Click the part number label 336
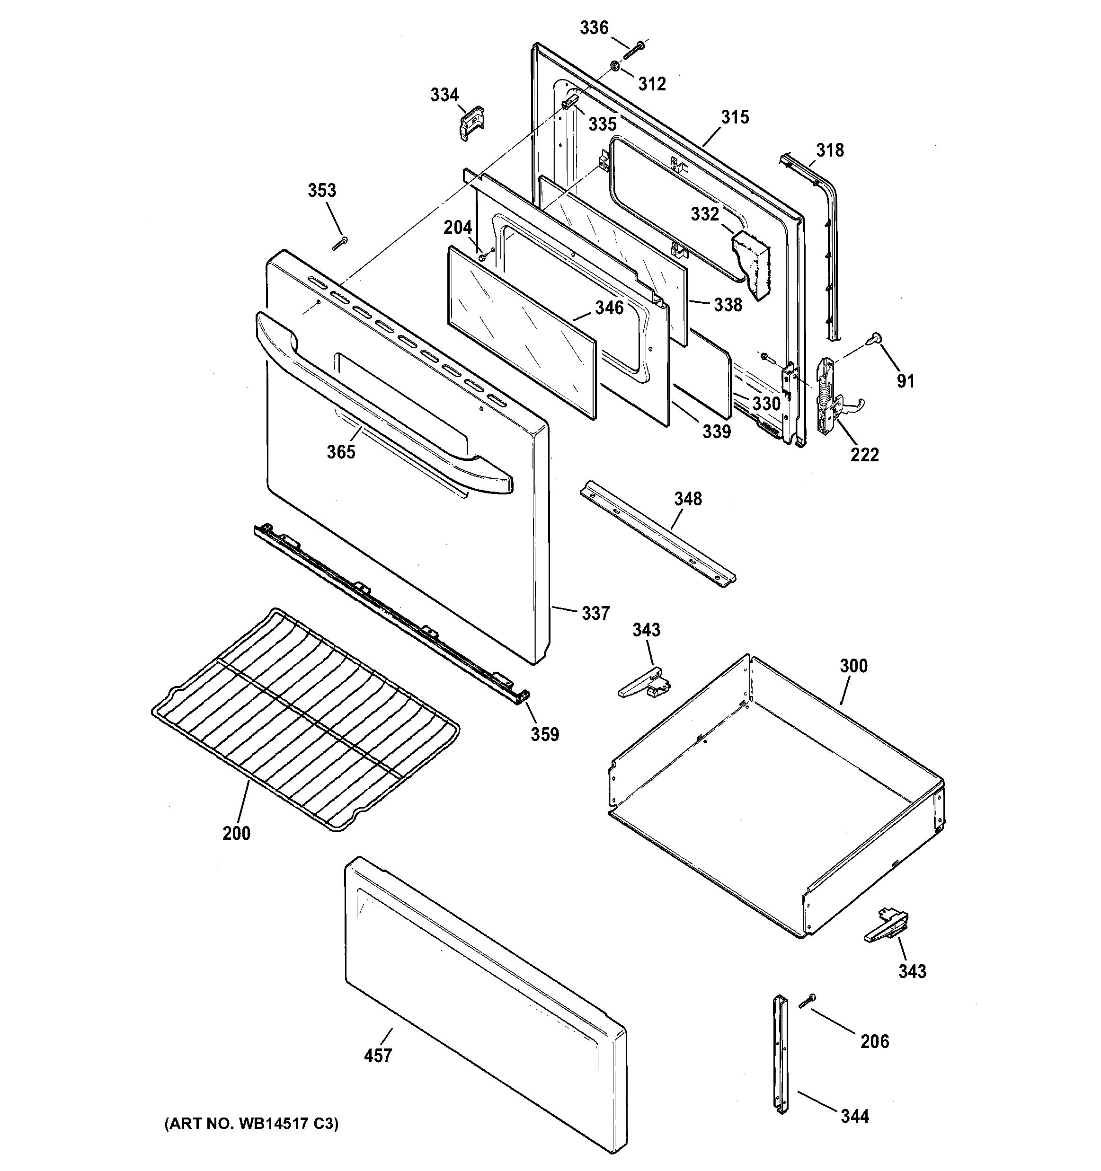(594, 28)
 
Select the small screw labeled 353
(340, 243)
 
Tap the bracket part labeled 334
(471, 122)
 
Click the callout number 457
(378, 1022)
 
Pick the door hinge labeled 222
(825, 394)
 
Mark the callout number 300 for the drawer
(853, 666)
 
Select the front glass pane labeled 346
(522, 332)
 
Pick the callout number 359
(545, 734)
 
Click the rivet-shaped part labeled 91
(873, 337)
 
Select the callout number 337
(595, 613)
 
